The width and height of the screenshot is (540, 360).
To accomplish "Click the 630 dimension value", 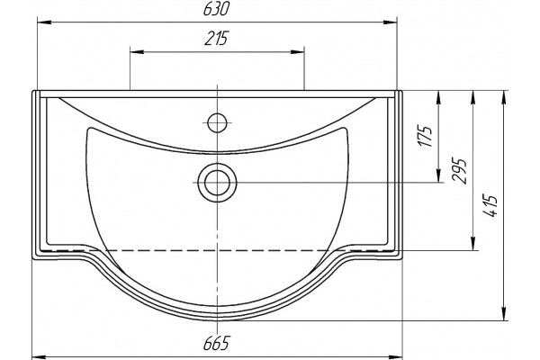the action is [x=216, y=9].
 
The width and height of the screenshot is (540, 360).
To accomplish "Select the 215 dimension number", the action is [x=217, y=38].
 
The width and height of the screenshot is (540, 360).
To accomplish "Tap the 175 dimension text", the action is [x=426, y=136].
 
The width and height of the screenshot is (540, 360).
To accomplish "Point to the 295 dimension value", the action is [x=460, y=171].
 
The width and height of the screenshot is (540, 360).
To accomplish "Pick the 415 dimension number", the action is [x=490, y=206].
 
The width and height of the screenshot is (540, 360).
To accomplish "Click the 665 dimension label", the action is [x=216, y=343].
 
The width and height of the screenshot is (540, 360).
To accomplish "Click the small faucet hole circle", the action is [x=217, y=122].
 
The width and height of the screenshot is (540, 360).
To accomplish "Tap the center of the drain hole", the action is [x=217, y=183].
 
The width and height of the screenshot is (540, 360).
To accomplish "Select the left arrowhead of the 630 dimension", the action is [x=44, y=22].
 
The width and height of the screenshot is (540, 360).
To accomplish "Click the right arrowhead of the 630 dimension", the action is [x=390, y=22].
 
